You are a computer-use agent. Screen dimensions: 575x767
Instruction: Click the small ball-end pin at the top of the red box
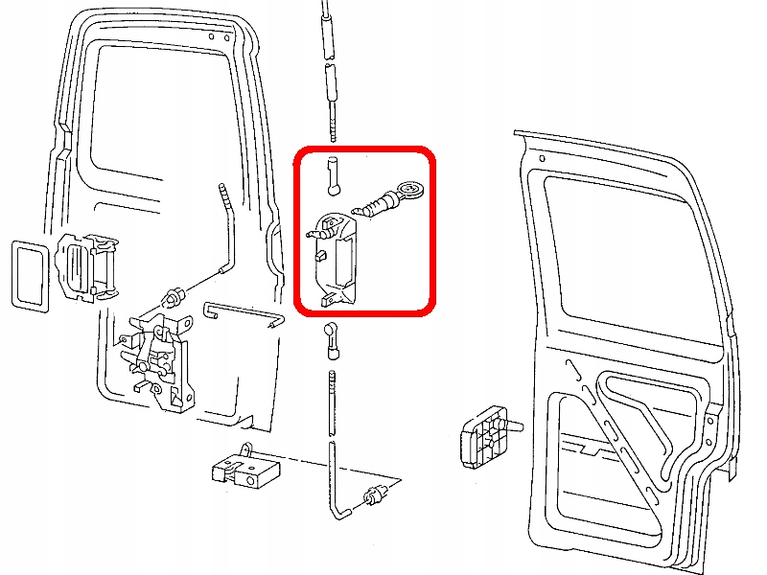332,173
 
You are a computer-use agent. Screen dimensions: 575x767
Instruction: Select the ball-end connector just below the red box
332,336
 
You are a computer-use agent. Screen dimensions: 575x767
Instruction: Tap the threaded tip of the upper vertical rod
332,124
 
